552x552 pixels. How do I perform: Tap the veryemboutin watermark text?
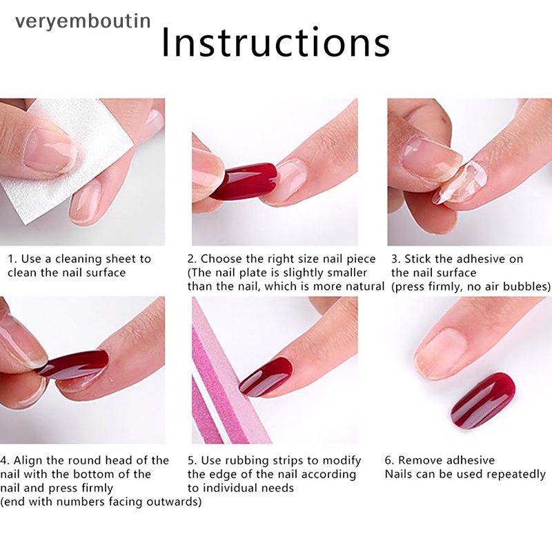83,21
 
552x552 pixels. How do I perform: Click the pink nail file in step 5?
226,387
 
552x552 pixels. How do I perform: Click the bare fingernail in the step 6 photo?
441,349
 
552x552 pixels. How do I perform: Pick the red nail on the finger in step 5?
266,377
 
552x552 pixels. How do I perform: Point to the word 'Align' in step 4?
28,460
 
